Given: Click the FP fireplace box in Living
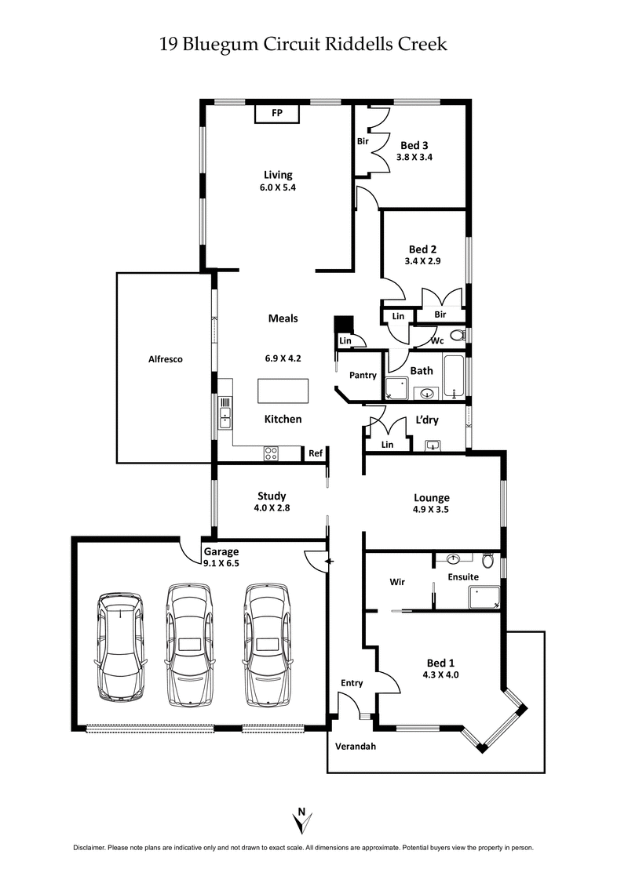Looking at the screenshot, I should (276, 114).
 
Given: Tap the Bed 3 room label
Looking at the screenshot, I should (414, 145).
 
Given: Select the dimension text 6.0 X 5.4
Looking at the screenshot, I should (277, 187).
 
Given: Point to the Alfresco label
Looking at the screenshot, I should (166, 359).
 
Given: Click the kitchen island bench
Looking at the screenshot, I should (283, 391).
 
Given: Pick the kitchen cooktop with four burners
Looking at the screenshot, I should (272, 453).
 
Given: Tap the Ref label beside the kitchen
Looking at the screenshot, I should (315, 453).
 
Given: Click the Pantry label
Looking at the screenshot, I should (363, 376).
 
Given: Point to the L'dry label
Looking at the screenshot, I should (427, 420).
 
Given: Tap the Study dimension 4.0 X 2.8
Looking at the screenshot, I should (272, 508).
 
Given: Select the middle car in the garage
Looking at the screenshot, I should (190, 643).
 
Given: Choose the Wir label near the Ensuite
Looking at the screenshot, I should (397, 583).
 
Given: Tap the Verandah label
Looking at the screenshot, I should (356, 746).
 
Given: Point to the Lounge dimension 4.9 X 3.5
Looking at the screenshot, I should (432, 510).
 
